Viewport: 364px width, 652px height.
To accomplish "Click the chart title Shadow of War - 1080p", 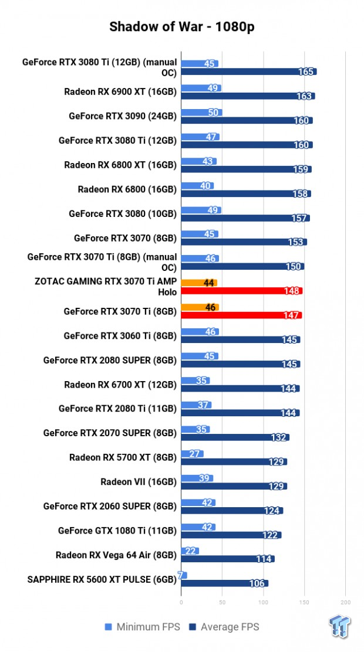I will [x=181, y=27].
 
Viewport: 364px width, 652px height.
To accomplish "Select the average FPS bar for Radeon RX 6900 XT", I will [x=248, y=96].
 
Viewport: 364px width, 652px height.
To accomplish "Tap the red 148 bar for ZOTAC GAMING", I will [x=241, y=291].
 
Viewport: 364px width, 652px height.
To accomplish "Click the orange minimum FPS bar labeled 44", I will [x=199, y=283].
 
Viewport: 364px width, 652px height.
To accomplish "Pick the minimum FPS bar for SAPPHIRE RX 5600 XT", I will [x=184, y=575].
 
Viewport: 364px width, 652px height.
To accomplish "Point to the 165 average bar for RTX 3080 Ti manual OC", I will [x=248, y=72].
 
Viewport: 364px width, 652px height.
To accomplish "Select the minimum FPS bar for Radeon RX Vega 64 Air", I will [x=190, y=551].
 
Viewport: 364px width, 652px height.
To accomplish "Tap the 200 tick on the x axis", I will [x=345, y=602].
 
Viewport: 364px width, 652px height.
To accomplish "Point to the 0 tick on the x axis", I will [x=181, y=602].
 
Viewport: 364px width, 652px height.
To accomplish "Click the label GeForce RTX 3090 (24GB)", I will [x=122, y=116].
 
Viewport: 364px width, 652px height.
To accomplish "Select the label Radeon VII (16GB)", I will [x=138, y=482].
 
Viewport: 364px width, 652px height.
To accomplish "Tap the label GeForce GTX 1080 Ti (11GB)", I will [x=117, y=531].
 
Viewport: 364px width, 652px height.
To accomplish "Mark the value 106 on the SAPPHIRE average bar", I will [x=257, y=583].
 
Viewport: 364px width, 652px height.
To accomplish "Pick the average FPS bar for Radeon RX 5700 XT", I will [x=234, y=461].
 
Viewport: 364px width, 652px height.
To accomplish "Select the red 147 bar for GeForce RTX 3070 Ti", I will [x=241, y=315].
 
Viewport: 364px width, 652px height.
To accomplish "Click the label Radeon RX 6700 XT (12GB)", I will [x=120, y=385].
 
